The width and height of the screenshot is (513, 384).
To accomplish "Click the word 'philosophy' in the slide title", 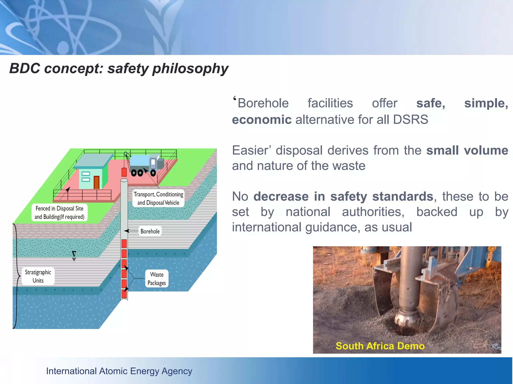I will (190, 68).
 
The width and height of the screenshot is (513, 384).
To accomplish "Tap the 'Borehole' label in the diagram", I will (150, 231).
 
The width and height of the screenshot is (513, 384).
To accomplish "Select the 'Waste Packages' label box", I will (157, 278).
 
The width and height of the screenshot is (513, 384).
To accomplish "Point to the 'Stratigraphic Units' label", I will (38, 276).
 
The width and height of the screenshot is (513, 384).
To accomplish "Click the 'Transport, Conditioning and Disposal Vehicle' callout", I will (158, 198).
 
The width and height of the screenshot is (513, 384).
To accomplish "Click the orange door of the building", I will (96, 182).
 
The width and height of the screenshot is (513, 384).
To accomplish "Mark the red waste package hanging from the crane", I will (124, 172).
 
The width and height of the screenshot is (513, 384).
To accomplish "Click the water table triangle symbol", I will (74, 254).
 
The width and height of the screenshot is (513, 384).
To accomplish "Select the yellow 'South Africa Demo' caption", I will (380, 346).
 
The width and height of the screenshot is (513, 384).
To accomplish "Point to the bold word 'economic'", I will (262, 119).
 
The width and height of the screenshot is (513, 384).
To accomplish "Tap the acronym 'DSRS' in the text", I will (411, 119).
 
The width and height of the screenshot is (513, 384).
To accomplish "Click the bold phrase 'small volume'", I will (467, 150).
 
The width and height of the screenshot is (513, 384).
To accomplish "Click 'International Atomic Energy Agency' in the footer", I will (119, 371).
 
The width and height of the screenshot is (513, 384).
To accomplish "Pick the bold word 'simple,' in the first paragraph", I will (486, 103).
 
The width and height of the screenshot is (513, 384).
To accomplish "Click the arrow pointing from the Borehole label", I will (127, 231).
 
